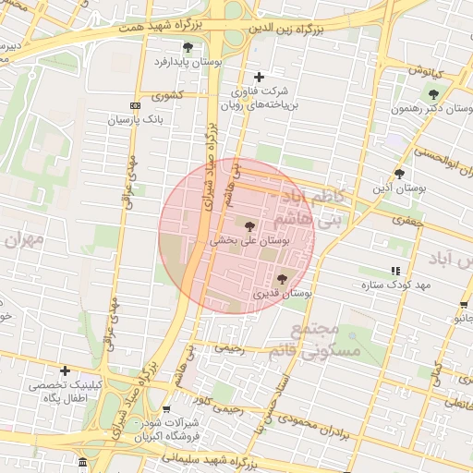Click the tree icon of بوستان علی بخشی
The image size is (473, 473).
click(x=249, y=224)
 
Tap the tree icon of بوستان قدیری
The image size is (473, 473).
click(x=282, y=278)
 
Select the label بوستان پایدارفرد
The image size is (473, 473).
click(x=188, y=62)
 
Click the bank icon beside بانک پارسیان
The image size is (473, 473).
click(x=135, y=105)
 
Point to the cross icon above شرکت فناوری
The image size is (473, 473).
click(x=258, y=77)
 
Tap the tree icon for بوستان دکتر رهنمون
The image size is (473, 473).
click(x=433, y=92)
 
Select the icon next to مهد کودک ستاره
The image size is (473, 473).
click(x=395, y=271)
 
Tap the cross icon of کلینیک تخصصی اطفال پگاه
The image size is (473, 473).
click(x=65, y=370)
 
